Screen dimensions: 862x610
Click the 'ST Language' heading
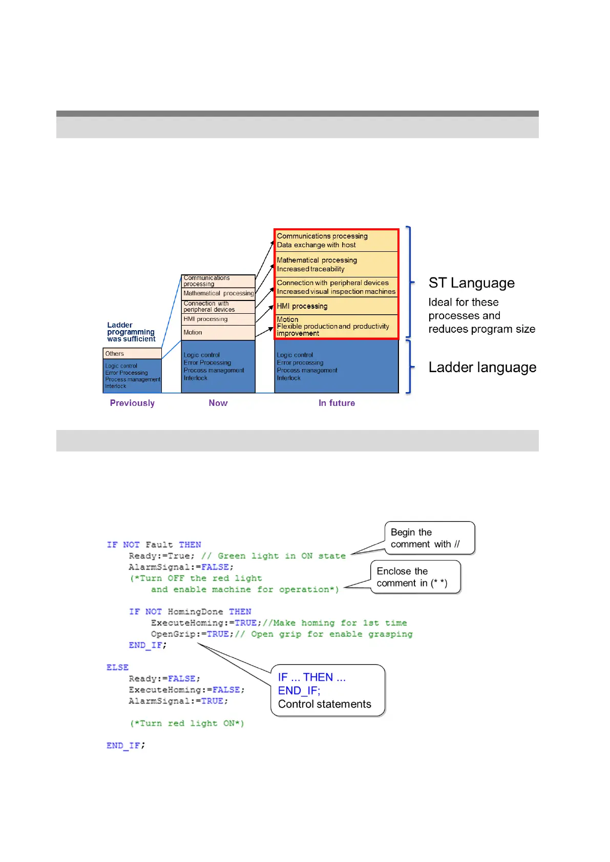[x=471, y=283]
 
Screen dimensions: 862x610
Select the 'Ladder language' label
[x=482, y=368]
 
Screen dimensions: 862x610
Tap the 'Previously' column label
[x=132, y=403]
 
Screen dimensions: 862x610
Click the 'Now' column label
[x=218, y=403]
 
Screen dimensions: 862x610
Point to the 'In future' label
[x=336, y=403]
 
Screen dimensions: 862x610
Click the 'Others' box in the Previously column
[x=132, y=354]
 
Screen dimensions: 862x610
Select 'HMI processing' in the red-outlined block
[x=336, y=306]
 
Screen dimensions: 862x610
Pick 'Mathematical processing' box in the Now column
[x=218, y=293]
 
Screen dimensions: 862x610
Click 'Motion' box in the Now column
[x=218, y=333]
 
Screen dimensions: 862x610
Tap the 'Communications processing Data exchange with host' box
[x=336, y=241]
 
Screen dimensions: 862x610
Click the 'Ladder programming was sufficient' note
[x=131, y=332]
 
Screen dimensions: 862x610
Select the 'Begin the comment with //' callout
[x=429, y=538]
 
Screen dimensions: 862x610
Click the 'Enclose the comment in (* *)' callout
[x=415, y=577]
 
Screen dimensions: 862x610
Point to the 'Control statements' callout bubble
[x=328, y=691]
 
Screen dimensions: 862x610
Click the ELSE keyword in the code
[x=117, y=667]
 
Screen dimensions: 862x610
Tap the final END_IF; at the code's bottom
[x=125, y=746]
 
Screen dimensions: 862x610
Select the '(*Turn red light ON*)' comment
[x=186, y=723]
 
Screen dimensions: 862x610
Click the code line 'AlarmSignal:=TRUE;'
[x=178, y=701]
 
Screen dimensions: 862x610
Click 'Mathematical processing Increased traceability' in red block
[x=336, y=265]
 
